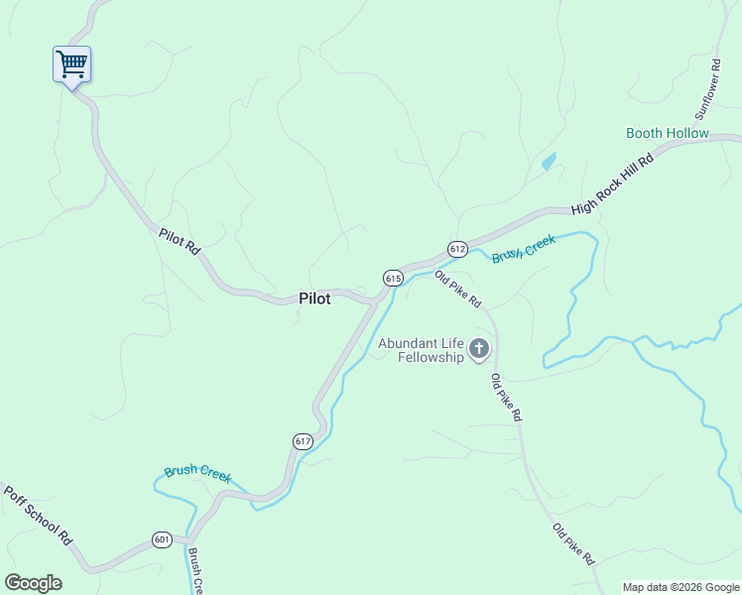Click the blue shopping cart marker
pyautogui.click(x=71, y=65)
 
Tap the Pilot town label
pyautogui.click(x=313, y=298)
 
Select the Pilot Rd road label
pyautogui.click(x=180, y=242)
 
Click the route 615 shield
pyautogui.click(x=393, y=279)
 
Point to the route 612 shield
pyautogui.click(x=456, y=249)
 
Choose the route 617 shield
pyautogui.click(x=303, y=440)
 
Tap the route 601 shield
pyautogui.click(x=162, y=539)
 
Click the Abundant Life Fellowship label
pyautogui.click(x=420, y=350)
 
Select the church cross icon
pyautogui.click(x=479, y=348)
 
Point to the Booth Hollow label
pyautogui.click(x=667, y=133)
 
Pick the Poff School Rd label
pyautogui.click(x=39, y=516)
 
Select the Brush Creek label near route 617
pyautogui.click(x=197, y=473)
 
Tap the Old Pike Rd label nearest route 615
pyautogui.click(x=457, y=289)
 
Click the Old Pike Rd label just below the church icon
pyautogui.click(x=505, y=398)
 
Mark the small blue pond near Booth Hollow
pyautogui.click(x=549, y=161)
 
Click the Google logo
pyautogui.click(x=33, y=583)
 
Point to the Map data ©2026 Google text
pyautogui.click(x=680, y=587)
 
